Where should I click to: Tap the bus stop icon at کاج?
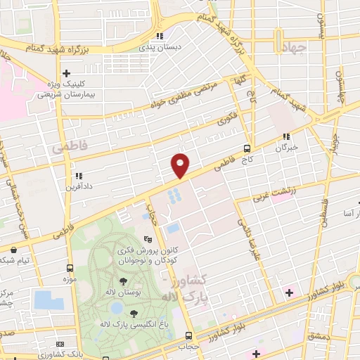tap(247, 148)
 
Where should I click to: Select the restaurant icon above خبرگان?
tap(285, 137)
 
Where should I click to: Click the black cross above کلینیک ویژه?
tap(67, 72)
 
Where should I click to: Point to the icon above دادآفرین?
tap(78, 176)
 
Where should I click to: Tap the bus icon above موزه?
tap(70, 268)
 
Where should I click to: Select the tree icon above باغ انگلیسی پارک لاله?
tap(134, 313)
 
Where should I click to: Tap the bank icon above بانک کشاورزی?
tap(60, 343)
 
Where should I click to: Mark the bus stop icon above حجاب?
tap(188, 335)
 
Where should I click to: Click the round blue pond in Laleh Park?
tap(115, 307)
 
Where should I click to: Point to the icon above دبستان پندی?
tap(160, 36)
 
